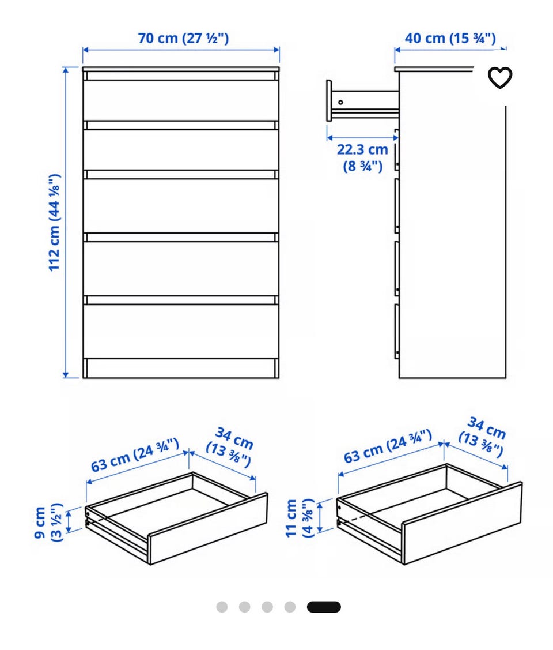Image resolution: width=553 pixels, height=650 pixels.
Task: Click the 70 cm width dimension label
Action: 183,38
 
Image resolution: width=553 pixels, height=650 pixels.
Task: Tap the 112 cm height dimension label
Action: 55,223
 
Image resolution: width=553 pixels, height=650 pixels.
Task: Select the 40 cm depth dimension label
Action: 450,38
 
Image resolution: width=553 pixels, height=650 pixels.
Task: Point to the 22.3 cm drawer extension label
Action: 362,157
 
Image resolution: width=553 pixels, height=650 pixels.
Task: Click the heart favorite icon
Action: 499,77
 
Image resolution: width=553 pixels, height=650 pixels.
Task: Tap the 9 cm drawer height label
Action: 48,523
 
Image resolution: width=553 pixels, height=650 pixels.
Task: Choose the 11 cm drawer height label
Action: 300,518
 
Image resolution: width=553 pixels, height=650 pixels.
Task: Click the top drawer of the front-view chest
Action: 181,100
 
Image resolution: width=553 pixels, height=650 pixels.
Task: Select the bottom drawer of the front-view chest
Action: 181,332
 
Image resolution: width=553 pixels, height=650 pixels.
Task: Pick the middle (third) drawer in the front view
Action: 181,205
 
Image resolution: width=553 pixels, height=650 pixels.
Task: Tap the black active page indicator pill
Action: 324,607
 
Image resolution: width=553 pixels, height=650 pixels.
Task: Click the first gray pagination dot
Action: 222,607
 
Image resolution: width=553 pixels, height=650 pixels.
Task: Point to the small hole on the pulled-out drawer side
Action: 340,102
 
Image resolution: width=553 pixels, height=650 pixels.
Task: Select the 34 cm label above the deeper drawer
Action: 483,437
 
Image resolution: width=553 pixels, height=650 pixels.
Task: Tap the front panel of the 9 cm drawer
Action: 208,528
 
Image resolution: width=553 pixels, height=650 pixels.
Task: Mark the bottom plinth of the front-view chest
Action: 181,369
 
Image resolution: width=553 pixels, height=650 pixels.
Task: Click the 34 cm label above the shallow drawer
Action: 230,448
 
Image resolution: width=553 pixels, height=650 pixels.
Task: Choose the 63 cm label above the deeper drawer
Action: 388,446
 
